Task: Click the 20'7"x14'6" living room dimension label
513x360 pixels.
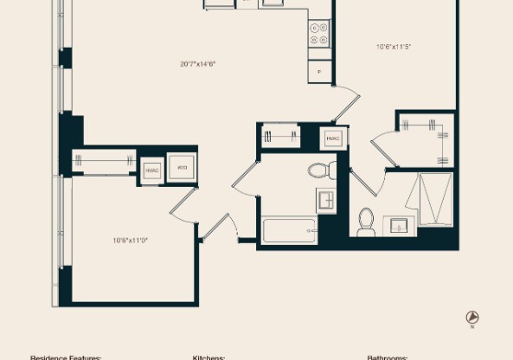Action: (x=197, y=63)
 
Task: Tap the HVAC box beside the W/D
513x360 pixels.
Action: (x=152, y=170)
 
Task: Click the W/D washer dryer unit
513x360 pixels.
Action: (x=182, y=168)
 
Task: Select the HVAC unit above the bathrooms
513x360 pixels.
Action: (x=334, y=138)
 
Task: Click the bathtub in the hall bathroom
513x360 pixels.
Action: (x=289, y=229)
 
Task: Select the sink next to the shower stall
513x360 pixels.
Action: (x=399, y=226)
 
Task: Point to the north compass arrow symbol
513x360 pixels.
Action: (x=471, y=318)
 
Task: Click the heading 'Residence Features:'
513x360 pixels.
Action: (x=66, y=357)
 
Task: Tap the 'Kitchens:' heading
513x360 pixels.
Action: (x=208, y=357)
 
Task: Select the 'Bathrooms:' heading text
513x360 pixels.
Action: (x=387, y=357)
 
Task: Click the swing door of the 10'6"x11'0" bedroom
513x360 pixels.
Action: (x=183, y=203)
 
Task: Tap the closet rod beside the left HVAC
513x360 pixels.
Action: (x=105, y=159)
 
